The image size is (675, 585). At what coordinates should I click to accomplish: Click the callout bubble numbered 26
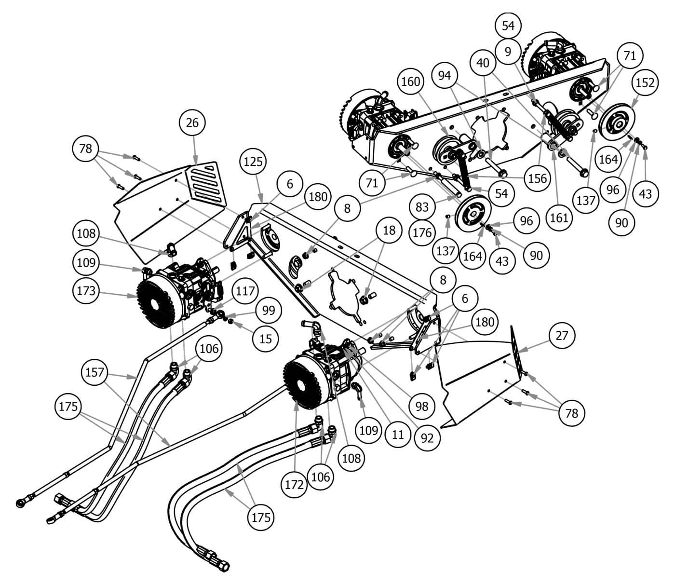(192, 122)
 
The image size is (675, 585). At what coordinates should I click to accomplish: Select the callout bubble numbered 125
(254, 161)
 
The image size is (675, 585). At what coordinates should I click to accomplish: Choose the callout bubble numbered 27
(562, 335)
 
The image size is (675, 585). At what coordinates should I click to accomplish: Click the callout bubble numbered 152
(645, 82)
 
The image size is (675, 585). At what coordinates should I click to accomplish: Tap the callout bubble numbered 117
(245, 291)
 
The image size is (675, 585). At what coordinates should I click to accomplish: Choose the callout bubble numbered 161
(560, 218)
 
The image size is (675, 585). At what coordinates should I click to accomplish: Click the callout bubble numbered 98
(421, 406)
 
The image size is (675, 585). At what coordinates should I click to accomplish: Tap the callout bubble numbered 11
(397, 434)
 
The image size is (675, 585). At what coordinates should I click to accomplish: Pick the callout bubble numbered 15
(266, 338)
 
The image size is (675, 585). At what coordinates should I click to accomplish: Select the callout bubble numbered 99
(268, 310)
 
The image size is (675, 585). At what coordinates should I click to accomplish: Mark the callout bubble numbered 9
(507, 51)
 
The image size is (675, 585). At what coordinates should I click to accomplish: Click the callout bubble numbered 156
(537, 178)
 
